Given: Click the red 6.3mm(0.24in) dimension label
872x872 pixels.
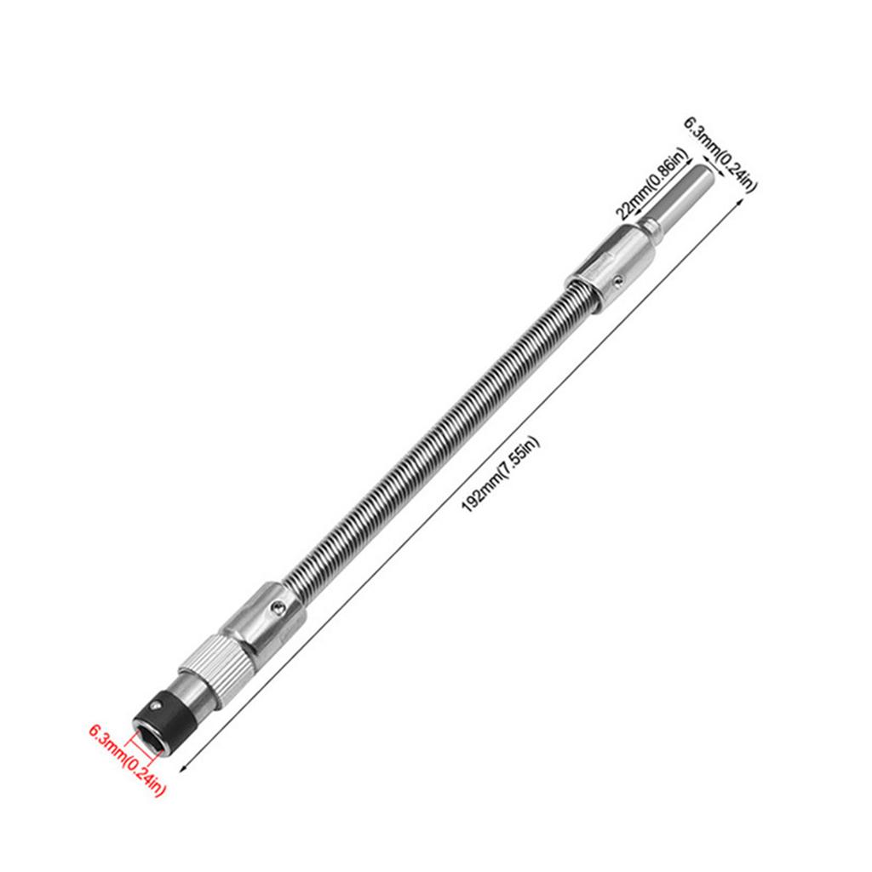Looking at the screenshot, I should click(x=128, y=760).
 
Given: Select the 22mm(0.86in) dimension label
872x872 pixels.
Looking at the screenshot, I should click(x=652, y=185).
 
